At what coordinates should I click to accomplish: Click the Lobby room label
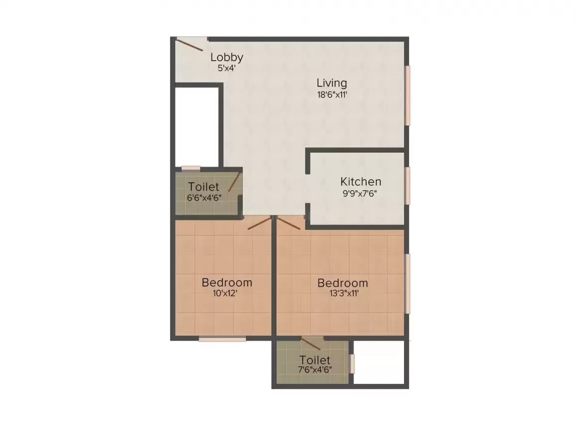226,57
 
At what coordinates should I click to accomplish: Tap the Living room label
332,83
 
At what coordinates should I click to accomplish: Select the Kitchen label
361,182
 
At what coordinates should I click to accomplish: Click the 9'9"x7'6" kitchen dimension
361,194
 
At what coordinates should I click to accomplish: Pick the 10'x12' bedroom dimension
227,294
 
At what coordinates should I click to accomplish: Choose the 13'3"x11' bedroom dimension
343,294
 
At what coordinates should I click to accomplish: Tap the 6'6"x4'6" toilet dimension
203,197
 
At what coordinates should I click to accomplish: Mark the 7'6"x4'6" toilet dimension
314,370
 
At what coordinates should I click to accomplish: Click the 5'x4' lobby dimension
226,68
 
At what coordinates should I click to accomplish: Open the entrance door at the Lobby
190,44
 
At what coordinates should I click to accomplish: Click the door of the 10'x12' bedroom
260,223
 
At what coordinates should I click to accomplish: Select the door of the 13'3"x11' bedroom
289,222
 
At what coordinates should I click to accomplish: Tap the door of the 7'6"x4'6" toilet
311,343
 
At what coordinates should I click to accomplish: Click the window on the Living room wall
408,96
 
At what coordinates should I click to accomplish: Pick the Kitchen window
408,185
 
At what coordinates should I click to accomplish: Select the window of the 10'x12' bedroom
222,339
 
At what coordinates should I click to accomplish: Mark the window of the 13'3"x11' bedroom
408,284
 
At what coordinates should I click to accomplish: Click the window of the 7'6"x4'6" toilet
352,363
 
